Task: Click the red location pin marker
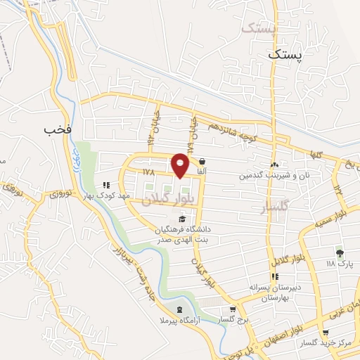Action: tap(181, 165)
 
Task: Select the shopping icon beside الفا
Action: tap(202, 160)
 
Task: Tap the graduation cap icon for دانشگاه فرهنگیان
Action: tap(172, 220)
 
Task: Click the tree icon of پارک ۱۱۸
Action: tap(340, 253)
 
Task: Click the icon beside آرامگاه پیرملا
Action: tap(179, 310)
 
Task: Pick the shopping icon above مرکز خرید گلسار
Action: tap(325, 333)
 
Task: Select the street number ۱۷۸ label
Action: tap(147, 172)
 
